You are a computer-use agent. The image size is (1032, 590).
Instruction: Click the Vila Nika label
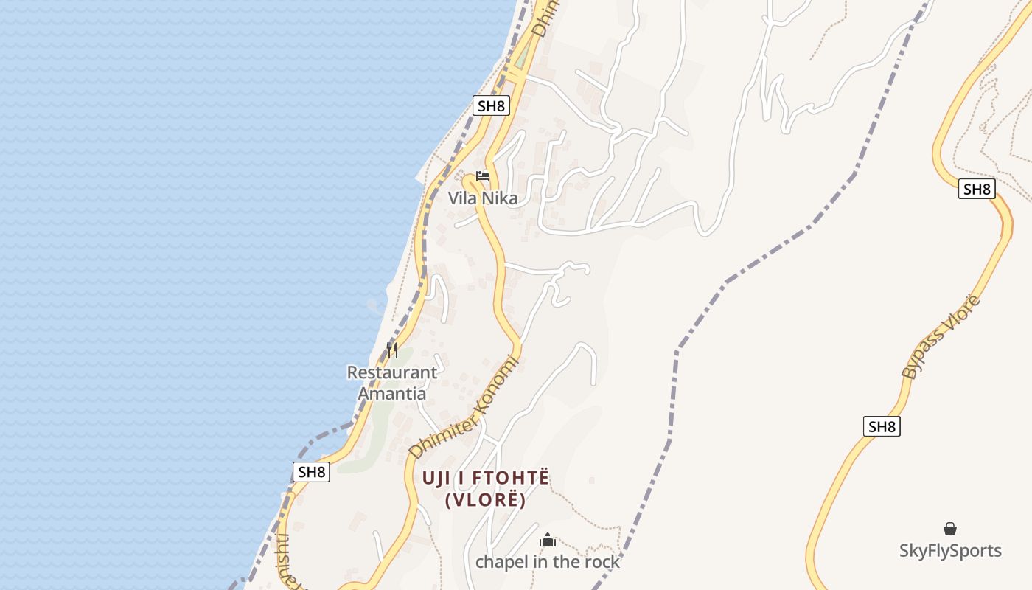point(483,198)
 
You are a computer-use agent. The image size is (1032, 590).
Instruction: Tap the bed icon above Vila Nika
point(483,176)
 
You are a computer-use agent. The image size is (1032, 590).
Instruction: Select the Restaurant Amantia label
point(392,383)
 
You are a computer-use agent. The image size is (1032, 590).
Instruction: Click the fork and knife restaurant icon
point(392,350)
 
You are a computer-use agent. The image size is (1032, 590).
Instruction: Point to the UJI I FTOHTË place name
point(486,478)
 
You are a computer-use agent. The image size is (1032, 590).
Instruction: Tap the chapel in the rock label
point(548,562)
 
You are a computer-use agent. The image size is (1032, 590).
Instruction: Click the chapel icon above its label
point(548,541)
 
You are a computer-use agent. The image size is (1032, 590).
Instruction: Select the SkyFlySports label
point(950,551)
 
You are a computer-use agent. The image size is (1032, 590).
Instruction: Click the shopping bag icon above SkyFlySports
point(950,529)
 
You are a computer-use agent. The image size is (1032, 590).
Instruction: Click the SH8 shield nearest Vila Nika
point(491,105)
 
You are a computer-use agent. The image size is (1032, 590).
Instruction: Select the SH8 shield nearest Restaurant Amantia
point(311,472)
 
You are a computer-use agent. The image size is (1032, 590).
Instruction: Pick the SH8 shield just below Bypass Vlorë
point(882,426)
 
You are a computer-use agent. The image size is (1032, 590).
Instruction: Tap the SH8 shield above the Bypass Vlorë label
point(977,189)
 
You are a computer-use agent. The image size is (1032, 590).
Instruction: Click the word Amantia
point(392,393)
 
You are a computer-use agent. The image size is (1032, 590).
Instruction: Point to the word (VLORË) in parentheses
point(486,500)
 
